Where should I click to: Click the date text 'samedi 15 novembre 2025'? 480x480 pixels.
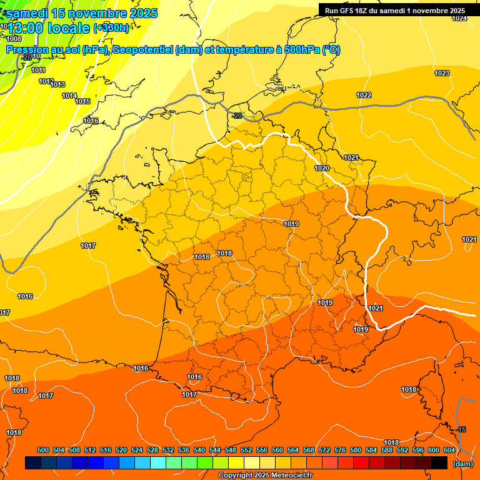[x=82, y=13]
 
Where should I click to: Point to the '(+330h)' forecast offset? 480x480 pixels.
[x=111, y=27]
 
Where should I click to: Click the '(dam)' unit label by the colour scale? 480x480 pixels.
[x=462, y=464]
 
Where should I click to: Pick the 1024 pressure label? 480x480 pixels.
[x=459, y=18]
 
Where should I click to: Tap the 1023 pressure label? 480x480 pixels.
[x=442, y=73]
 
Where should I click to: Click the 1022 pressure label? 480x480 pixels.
[x=364, y=95]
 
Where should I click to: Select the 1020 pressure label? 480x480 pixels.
[x=322, y=168]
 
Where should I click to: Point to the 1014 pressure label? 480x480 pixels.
[x=69, y=96]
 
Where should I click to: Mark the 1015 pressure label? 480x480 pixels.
[x=82, y=101]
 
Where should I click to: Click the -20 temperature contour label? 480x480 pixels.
[x=237, y=116]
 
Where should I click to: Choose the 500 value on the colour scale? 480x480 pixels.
[x=43, y=450]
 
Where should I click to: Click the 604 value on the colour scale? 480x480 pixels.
[x=449, y=450]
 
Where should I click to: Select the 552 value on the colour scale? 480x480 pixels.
[x=246, y=450]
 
